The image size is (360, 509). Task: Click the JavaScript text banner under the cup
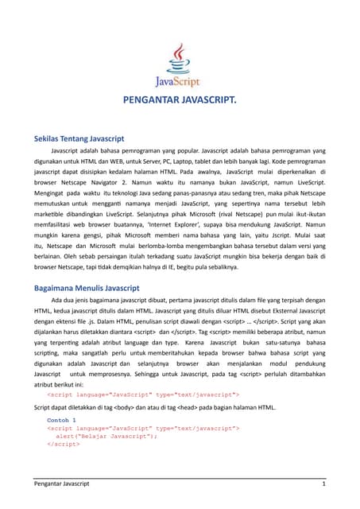coord(179,80)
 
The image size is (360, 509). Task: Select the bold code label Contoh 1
coord(62,419)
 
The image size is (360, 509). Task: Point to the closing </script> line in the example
coord(63,444)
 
